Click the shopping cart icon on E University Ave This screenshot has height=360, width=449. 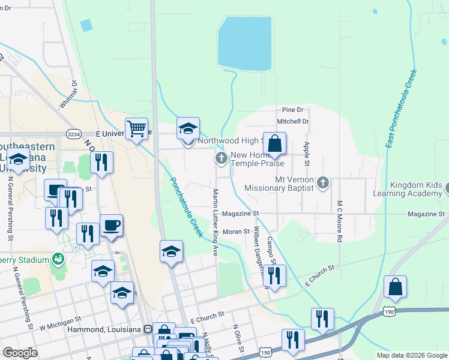pyautogui.click(x=137, y=128)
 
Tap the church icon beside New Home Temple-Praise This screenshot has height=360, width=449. pyautogui.click(x=221, y=158)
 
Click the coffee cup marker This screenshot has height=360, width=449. pyautogui.click(x=111, y=226)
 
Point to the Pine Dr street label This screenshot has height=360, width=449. pyautogui.click(x=292, y=110)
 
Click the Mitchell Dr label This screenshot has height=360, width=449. pyautogui.click(x=292, y=121)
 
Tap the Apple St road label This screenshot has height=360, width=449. pyautogui.click(x=307, y=154)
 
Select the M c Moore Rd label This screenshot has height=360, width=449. pyautogui.click(x=340, y=221)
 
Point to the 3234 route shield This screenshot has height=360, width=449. pyautogui.click(x=74, y=134)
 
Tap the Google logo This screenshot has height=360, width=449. pyautogui.click(x=20, y=353)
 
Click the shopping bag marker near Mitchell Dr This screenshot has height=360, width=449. pyautogui.click(x=274, y=144)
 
